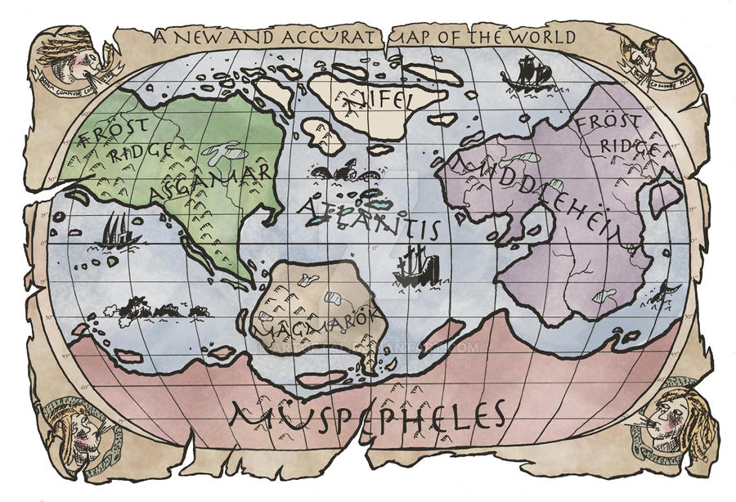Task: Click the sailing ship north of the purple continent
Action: click(528, 75)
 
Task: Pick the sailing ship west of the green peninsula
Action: click(117, 232)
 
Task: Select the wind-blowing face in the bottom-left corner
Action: click(70, 428)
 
